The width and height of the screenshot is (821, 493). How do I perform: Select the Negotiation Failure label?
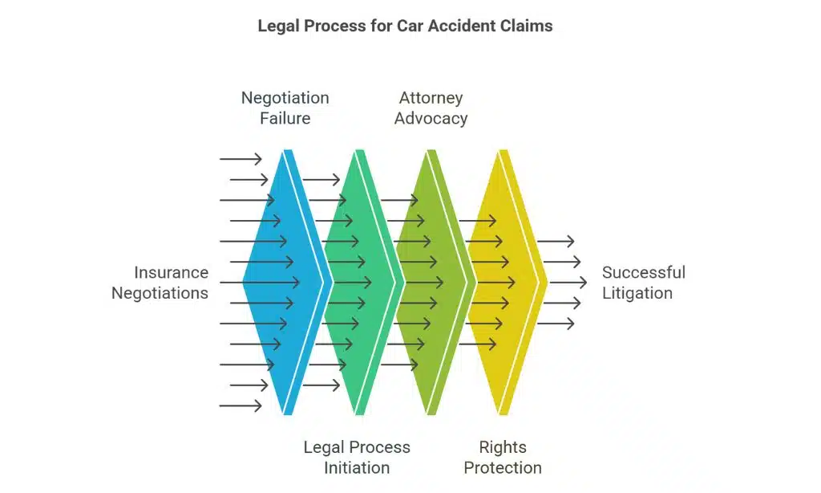click(x=285, y=108)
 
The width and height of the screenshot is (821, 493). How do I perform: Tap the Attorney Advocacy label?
click(x=431, y=108)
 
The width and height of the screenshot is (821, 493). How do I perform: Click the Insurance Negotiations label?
click(x=160, y=283)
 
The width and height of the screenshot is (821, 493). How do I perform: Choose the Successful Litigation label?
click(x=643, y=283)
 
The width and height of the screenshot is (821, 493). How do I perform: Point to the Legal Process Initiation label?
click(x=357, y=457)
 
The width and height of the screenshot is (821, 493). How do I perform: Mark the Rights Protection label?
click(x=503, y=457)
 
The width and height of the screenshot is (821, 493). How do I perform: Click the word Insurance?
click(x=171, y=272)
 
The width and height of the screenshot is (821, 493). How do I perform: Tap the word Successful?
click(x=643, y=272)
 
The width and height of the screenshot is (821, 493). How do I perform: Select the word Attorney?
click(x=431, y=98)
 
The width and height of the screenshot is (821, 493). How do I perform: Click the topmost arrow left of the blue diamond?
click(x=241, y=159)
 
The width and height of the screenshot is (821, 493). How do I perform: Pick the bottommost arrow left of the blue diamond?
click(x=241, y=405)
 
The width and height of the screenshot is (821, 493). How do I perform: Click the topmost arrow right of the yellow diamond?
click(x=556, y=241)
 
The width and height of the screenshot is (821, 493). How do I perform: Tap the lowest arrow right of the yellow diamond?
click(x=556, y=324)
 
